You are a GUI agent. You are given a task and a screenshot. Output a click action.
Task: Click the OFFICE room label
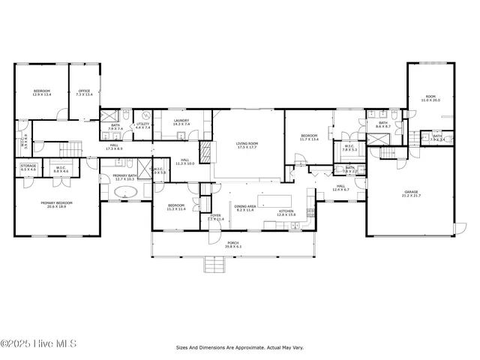(84, 91)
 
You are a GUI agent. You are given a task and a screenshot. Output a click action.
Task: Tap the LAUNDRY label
(181, 120)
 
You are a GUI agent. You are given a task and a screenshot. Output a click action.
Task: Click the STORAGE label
(28, 165)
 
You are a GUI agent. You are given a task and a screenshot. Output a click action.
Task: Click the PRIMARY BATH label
(124, 175)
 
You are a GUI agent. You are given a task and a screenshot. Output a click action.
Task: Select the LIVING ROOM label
(247, 143)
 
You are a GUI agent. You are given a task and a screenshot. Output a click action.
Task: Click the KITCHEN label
(286, 211)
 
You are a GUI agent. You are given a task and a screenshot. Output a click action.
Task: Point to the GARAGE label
(411, 192)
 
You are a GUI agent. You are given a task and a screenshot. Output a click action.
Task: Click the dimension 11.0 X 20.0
(430, 100)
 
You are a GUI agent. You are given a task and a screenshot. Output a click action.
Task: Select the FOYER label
(215, 216)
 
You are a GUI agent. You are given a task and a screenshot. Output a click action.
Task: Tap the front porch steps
(214, 263)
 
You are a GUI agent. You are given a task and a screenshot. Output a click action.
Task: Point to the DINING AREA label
(246, 206)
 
